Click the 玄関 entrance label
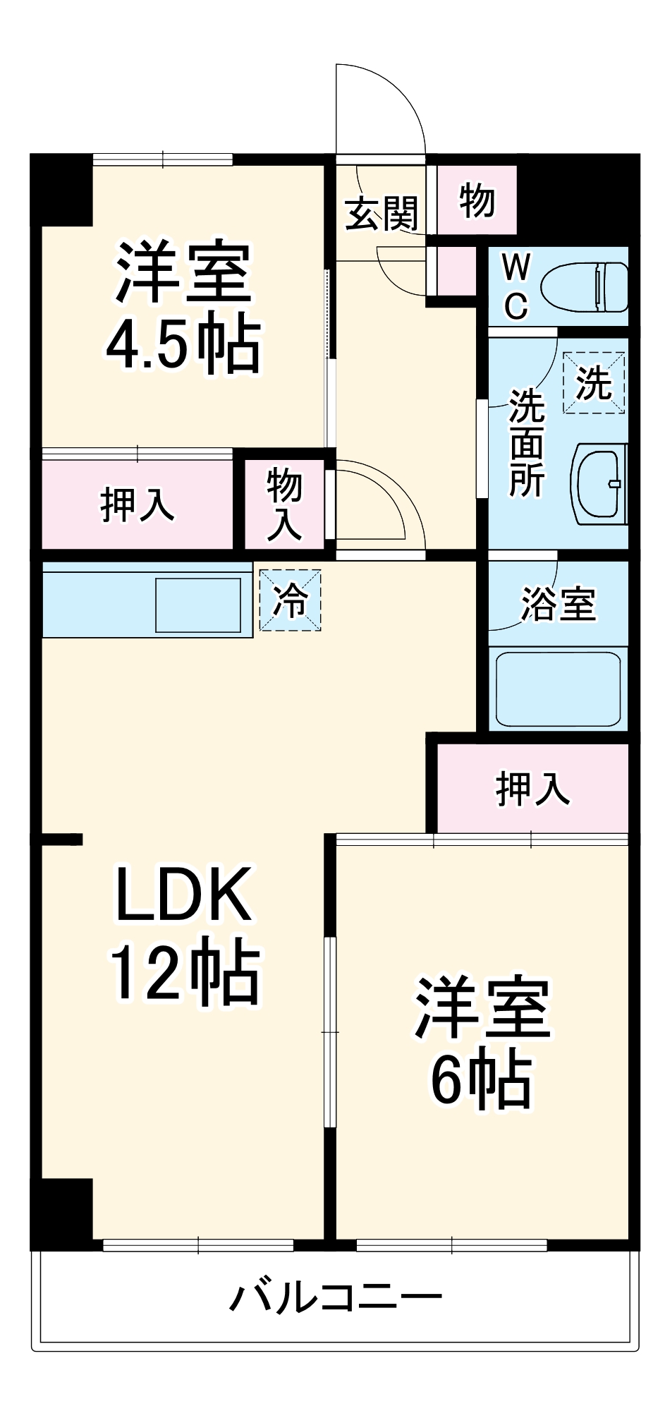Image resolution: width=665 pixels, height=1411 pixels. pos(382,212)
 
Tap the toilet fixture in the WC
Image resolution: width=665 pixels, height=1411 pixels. pos(585,287)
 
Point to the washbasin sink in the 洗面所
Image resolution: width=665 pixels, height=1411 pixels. pos(602,484)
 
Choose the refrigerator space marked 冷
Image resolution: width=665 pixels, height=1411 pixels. pos(291,600)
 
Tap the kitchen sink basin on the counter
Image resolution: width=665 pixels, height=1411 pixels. pos(198,605)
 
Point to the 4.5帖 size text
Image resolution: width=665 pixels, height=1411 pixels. pos(183,346)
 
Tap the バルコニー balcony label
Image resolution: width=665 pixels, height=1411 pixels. pos(336,1297)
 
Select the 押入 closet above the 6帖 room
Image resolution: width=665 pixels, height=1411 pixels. pos(532,788)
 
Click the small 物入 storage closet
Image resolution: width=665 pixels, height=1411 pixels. pos(284,504)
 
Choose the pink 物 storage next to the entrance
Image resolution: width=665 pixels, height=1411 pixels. pos(477,201)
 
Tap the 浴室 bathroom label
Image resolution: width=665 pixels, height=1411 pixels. pos(558,604)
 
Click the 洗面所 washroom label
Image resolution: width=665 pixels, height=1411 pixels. pos(527,443)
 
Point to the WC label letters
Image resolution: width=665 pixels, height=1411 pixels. pos(515,287)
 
